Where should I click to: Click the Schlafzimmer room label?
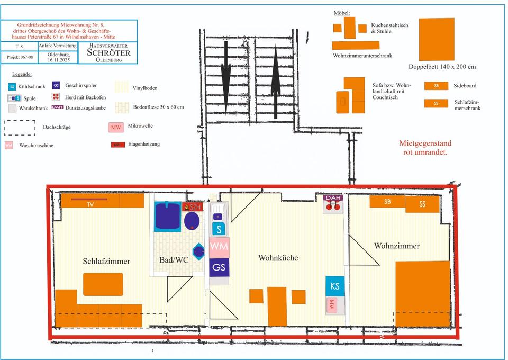pyautogui.click(x=106, y=261)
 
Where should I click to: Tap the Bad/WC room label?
pyautogui.click(x=174, y=260)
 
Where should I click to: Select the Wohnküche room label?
pyautogui.click(x=278, y=258)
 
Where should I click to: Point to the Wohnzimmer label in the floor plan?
pyautogui.click(x=396, y=246)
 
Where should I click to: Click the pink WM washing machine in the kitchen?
pyautogui.click(x=219, y=246)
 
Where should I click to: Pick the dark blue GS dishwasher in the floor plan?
pyautogui.click(x=219, y=267)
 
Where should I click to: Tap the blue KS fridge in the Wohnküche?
pyautogui.click(x=334, y=286)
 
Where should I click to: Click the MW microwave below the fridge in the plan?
pyautogui.click(x=332, y=304)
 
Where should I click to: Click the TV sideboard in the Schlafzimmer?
pyautogui.click(x=90, y=204)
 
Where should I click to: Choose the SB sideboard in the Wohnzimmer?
pyautogui.click(x=387, y=202)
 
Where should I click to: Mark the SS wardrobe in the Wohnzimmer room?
pyautogui.click(x=422, y=204)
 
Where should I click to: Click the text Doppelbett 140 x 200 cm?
pyautogui.click(x=442, y=67)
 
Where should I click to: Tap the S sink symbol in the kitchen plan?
pyautogui.click(x=219, y=229)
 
